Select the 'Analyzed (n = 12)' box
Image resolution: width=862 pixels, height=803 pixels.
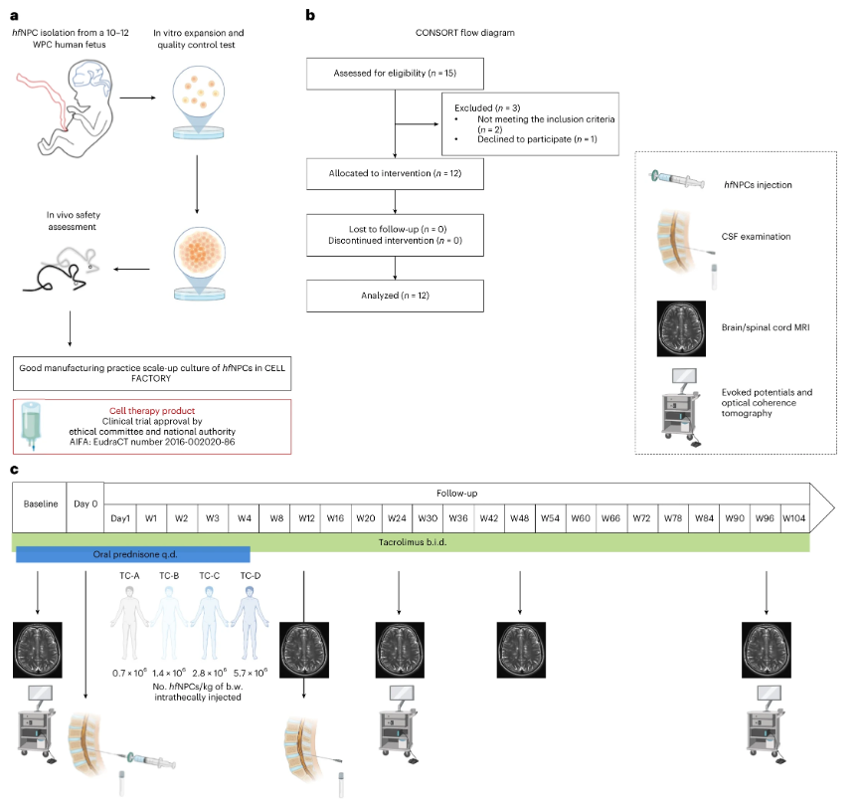396,295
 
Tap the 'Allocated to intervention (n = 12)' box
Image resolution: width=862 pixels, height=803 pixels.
396,173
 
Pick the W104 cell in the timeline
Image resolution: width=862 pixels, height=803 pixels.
794,517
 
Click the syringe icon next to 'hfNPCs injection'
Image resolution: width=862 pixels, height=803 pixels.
684,177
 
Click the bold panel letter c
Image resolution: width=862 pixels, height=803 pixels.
14,470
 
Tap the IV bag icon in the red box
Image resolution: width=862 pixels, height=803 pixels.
35,426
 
